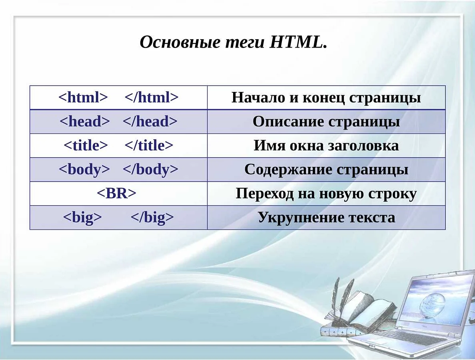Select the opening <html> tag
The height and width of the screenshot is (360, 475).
83,98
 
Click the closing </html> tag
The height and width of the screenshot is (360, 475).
152,98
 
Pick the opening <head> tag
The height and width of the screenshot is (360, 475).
84,122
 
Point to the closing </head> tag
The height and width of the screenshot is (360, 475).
150,122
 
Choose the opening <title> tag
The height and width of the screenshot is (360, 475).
86,146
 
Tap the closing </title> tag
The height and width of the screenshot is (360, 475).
149,146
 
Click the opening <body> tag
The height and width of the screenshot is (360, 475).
84,170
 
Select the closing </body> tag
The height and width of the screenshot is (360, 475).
150,170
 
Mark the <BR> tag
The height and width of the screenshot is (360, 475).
116,194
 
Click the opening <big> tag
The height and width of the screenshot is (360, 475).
82,218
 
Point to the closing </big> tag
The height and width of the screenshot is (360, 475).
152,218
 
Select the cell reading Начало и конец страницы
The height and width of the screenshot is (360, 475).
326,98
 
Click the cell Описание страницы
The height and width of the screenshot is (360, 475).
326,122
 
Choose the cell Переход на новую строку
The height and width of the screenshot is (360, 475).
326,194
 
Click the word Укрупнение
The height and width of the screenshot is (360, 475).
301,218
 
